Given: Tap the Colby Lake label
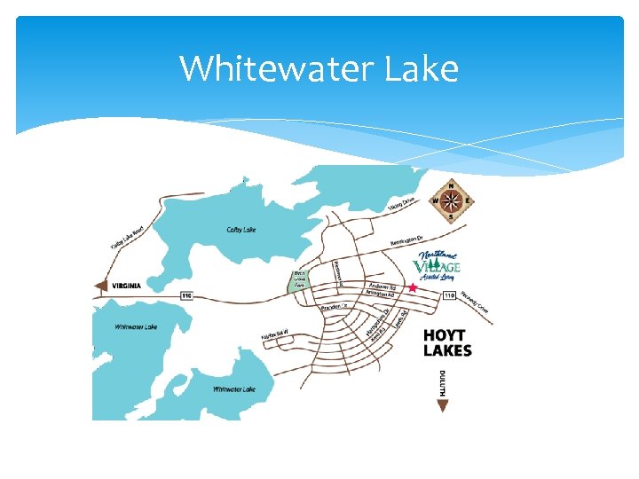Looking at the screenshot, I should click(241, 230).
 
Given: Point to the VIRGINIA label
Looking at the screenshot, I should click(128, 286).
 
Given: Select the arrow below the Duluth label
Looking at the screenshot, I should click(443, 406).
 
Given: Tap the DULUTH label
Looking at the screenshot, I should click(443, 384).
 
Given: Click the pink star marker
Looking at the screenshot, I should click(413, 288).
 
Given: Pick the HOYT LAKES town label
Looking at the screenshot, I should click(447, 342).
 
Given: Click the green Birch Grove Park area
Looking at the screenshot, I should click(300, 279).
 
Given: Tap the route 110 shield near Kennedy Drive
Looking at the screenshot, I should click(449, 294).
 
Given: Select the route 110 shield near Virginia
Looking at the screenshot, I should click(186, 295).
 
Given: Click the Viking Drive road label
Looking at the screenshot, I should click(401, 204).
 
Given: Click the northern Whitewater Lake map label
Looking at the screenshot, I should click(136, 326).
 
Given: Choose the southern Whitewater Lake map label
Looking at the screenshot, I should click(233, 389).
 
